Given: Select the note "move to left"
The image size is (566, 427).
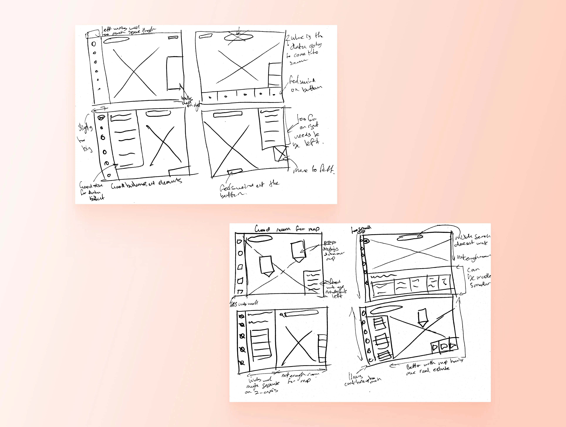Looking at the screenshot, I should pyautogui.click(x=314, y=169).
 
